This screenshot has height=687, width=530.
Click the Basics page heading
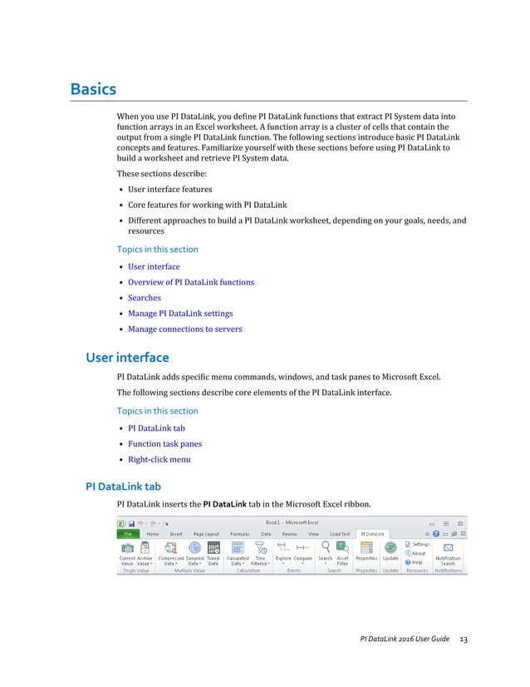tap(92, 89)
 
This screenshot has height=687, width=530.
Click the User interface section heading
tap(127, 358)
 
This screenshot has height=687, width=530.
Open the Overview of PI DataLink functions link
tap(191, 282)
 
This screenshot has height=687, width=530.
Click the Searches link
tap(145, 298)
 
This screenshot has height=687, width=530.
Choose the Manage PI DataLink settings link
tap(180, 314)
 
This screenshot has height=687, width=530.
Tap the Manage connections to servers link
tap(185, 329)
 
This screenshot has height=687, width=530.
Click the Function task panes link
tap(164, 444)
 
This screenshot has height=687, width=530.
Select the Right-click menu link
tap(159, 459)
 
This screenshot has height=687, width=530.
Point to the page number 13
tap(464, 639)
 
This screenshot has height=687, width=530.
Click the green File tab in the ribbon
tap(127, 534)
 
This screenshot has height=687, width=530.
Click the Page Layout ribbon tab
tap(206, 534)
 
